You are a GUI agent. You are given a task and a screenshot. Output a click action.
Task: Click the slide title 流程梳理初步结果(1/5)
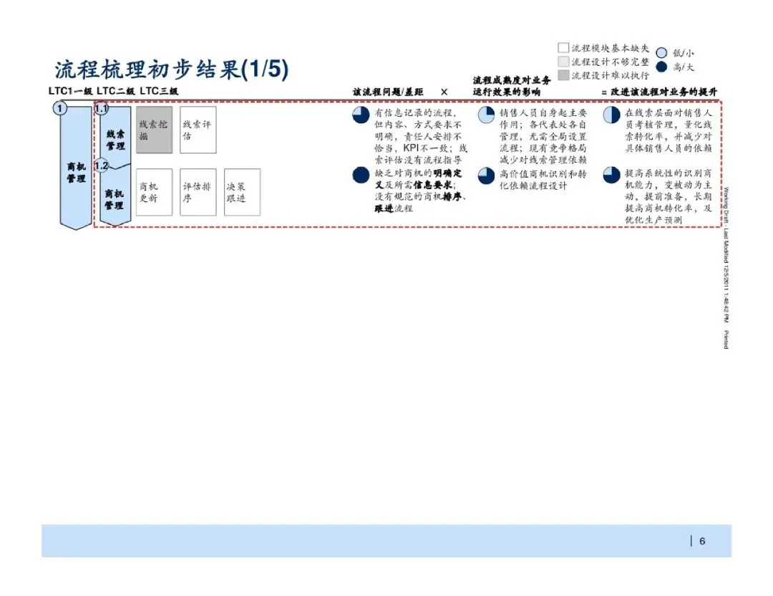coord(172,69)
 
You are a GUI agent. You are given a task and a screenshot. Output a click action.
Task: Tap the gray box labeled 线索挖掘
coord(155,130)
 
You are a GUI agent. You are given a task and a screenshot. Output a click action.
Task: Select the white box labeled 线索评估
coord(198,130)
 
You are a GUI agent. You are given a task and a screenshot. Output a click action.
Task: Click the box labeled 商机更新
coord(155,192)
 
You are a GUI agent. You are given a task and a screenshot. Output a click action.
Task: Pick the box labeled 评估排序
coord(198,192)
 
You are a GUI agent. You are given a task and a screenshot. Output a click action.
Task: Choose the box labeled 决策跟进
coord(242,192)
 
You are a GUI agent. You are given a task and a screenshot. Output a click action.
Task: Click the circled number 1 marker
coord(59,109)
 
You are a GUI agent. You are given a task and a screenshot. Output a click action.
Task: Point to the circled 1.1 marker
coord(101,109)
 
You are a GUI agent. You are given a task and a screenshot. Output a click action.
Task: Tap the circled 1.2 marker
coord(101,165)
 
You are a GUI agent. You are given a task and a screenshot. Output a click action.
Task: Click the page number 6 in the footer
coord(702,541)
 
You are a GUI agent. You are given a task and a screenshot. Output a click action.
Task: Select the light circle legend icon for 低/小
coord(661,52)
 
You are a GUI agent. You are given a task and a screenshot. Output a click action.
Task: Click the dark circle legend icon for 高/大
coord(661,67)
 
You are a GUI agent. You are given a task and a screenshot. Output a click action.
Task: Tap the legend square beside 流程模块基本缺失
coord(563,48)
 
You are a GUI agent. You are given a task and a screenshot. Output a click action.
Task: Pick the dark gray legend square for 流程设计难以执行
coord(563,74)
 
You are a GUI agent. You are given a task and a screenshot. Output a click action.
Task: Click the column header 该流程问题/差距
coord(388,92)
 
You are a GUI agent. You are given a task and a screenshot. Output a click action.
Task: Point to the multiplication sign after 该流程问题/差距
coord(444,92)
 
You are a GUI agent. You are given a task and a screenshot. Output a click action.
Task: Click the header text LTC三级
coord(158,91)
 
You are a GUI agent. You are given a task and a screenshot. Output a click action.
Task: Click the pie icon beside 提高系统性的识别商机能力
coord(611,176)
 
